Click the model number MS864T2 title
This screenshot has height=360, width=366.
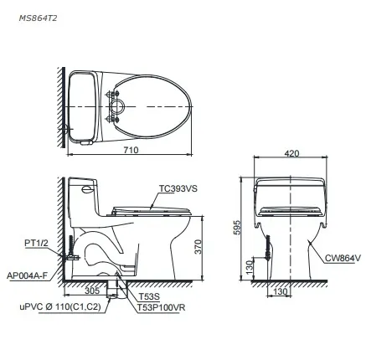click(38, 18)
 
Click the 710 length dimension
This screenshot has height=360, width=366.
click(131, 150)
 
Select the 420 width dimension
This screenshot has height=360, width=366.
click(291, 153)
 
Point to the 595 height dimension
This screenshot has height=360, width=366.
click(237, 228)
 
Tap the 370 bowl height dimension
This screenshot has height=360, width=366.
click(198, 247)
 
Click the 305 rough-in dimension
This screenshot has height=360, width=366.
click(92, 291)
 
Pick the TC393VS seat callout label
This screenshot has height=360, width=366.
click(178, 188)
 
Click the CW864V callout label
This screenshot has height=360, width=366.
click(343, 258)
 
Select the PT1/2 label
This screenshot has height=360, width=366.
click(36, 243)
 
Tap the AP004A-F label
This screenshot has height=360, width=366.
click(28, 276)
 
